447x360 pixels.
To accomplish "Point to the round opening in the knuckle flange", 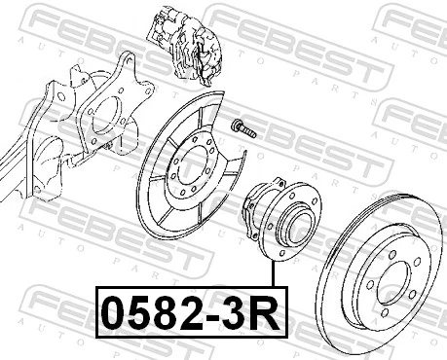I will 106,116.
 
